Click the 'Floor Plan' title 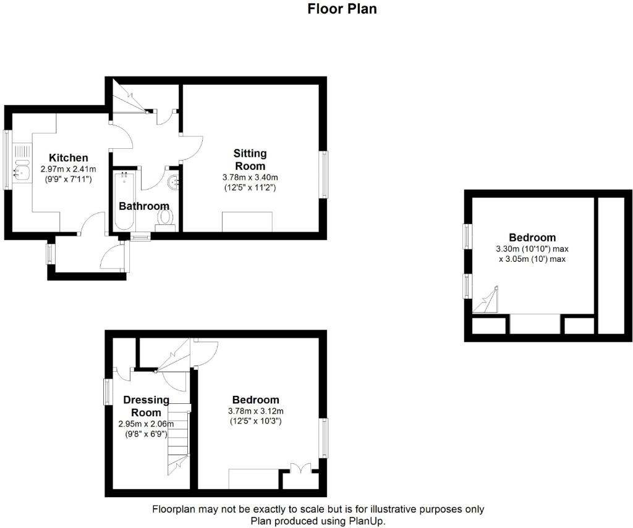[x=342, y=9]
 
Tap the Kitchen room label [x=69, y=158]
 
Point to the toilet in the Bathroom [x=165, y=217]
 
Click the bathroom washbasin [x=173, y=182]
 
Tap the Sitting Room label [x=250, y=159]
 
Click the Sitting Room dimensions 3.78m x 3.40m [x=250, y=177]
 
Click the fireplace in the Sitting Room [x=247, y=221]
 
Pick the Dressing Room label [x=147, y=406]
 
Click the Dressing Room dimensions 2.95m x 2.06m [x=146, y=424]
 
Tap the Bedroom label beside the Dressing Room [x=255, y=400]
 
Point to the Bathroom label [x=143, y=206]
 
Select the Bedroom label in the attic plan [x=532, y=237]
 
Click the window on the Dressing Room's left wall [x=108, y=392]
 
